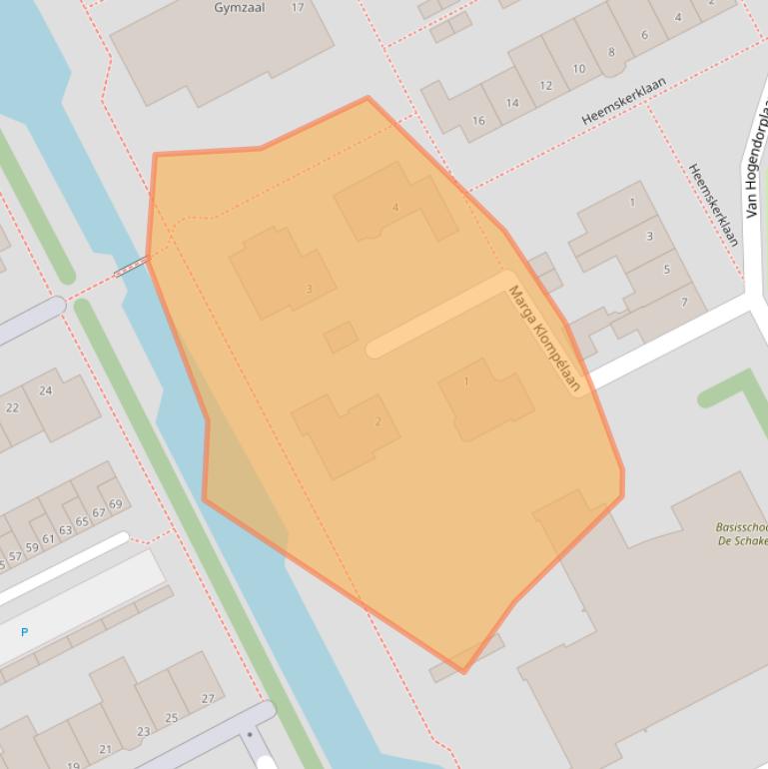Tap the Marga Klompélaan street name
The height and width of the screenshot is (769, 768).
(x=544, y=339)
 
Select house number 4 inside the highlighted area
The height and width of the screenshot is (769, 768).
(x=395, y=208)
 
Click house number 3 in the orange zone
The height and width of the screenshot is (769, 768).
(x=309, y=290)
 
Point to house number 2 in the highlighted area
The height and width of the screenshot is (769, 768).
(x=378, y=421)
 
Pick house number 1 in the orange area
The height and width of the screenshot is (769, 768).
(x=465, y=382)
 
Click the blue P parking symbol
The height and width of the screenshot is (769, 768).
(x=24, y=632)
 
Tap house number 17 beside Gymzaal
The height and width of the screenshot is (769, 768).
(x=297, y=8)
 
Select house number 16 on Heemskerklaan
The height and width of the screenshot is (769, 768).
(x=478, y=121)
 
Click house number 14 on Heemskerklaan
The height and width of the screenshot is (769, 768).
(x=512, y=103)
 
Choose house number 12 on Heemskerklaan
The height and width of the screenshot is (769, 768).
(x=545, y=86)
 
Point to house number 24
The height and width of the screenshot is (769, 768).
(x=45, y=390)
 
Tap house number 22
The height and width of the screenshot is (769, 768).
(x=12, y=407)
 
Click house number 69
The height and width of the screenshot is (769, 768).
(x=116, y=504)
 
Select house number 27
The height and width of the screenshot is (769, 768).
(x=208, y=699)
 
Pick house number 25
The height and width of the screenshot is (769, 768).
(x=172, y=718)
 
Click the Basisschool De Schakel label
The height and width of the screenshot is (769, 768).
(x=742, y=534)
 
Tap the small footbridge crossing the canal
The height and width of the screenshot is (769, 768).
(x=132, y=266)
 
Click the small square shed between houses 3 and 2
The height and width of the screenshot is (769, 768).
(x=341, y=337)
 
